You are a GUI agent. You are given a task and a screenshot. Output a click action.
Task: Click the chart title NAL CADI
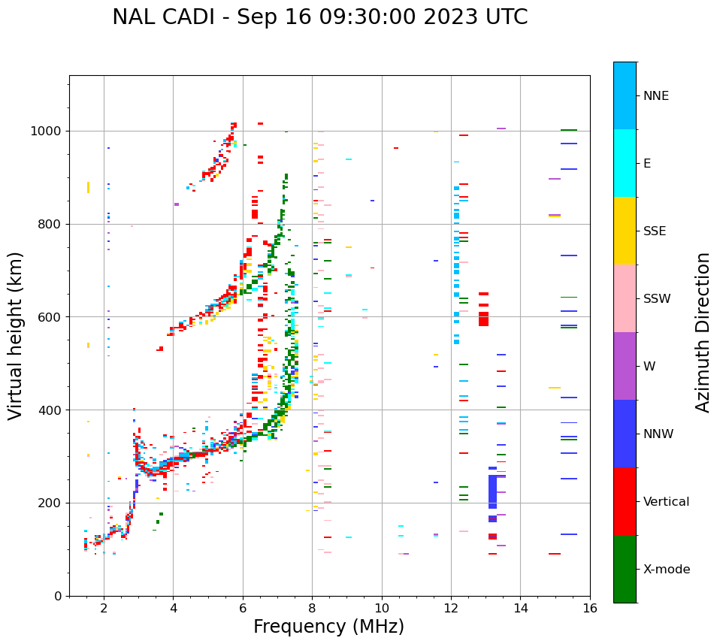(x=319, y=17)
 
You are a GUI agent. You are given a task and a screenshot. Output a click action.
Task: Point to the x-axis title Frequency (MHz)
(x=328, y=627)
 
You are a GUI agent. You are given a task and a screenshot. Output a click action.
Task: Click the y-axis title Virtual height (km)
(x=16, y=335)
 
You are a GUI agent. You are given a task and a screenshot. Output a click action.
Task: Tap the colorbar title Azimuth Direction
(x=703, y=332)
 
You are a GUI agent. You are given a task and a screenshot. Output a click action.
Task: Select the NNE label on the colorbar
(x=655, y=96)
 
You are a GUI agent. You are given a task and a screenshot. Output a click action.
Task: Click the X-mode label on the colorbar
(x=666, y=570)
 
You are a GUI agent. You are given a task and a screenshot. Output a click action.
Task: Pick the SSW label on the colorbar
(x=657, y=299)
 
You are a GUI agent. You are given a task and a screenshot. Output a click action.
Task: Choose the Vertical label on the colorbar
(x=666, y=502)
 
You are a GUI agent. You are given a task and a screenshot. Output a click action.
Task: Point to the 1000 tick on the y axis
(x=49, y=132)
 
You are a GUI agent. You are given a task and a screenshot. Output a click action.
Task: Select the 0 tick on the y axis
(x=59, y=597)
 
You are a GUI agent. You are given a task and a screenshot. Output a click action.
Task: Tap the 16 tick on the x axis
(x=589, y=607)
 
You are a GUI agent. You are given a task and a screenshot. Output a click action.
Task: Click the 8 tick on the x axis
(x=312, y=607)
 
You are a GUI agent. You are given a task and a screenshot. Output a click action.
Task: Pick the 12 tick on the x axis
(x=451, y=607)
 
